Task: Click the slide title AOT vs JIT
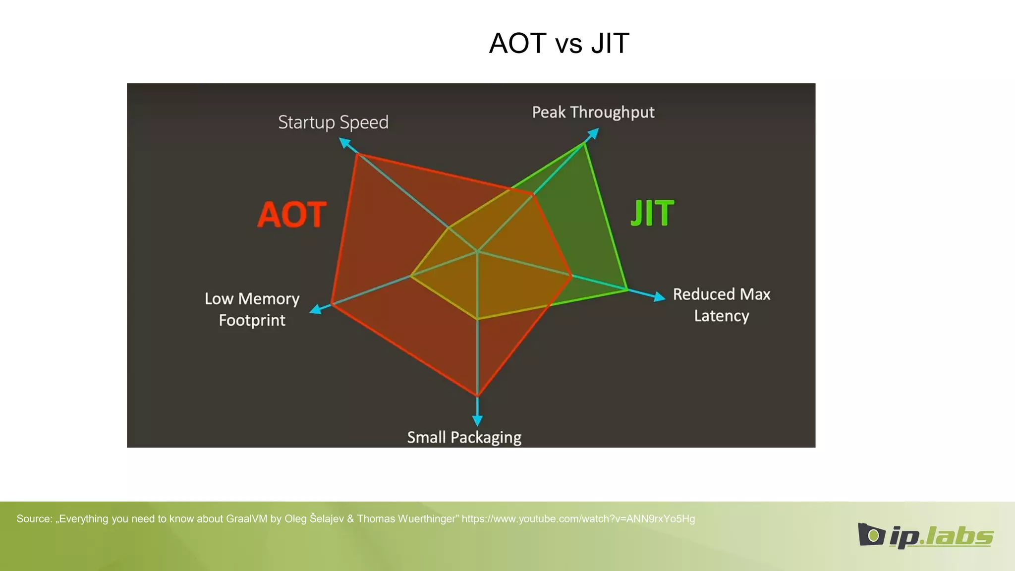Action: tap(559, 43)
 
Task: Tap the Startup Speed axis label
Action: tap(333, 122)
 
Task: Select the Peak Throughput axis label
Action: tap(593, 113)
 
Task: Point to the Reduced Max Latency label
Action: tap(722, 305)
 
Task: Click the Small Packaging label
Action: tap(464, 437)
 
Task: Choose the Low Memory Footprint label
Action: tap(252, 309)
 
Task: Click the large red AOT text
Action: tap(292, 215)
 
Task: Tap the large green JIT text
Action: tap(652, 213)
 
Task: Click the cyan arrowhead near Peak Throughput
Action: tap(593, 133)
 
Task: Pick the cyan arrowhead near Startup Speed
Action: tap(344, 143)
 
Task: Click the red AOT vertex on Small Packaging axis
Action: tap(477, 396)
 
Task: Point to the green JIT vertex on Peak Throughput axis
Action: tap(585, 142)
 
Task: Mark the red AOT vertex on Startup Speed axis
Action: tap(357, 155)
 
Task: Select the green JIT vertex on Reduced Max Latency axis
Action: tap(627, 289)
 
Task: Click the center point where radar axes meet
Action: tap(477, 252)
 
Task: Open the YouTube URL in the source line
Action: tap(578, 519)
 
